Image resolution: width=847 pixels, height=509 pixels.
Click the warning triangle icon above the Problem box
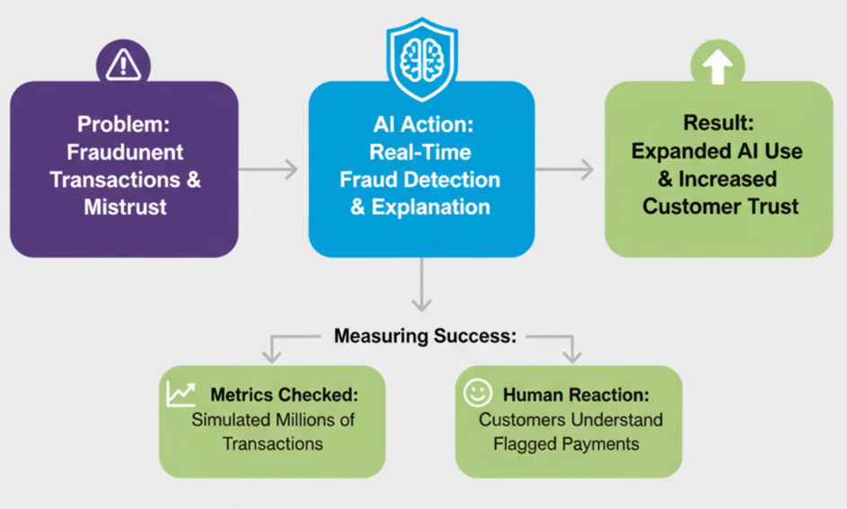click(x=123, y=64)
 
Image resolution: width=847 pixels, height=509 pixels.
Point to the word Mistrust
click(x=125, y=207)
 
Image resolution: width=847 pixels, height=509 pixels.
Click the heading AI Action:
click(x=421, y=125)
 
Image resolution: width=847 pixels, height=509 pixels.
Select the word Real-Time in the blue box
click(x=421, y=152)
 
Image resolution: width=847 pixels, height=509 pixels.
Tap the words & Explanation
click(x=421, y=207)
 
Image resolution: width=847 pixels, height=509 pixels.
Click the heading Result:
click(x=719, y=123)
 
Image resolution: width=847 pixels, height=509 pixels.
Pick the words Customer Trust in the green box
click(x=719, y=206)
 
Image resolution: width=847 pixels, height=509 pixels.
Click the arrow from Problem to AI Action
click(x=269, y=169)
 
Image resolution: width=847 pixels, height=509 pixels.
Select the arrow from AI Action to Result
click(x=565, y=169)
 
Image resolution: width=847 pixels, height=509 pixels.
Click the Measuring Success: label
click(x=425, y=336)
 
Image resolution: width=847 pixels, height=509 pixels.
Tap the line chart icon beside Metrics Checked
click(x=181, y=393)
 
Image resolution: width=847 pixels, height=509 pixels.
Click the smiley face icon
click(x=477, y=393)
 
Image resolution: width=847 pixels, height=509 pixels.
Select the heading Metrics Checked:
click(x=284, y=395)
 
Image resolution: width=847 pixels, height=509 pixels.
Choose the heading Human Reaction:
click(x=576, y=395)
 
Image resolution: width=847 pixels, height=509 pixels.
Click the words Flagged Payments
click(x=566, y=443)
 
